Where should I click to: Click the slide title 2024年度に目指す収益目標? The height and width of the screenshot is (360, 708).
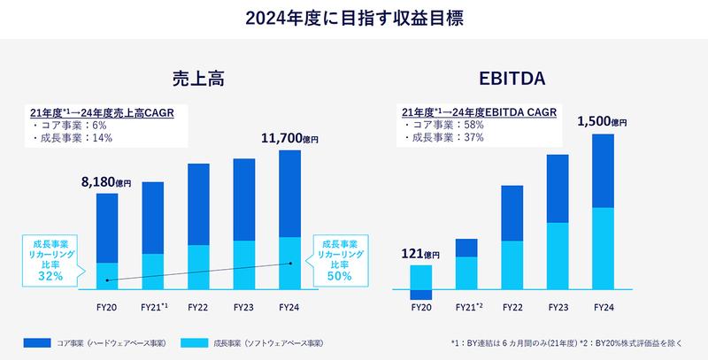point(354,17)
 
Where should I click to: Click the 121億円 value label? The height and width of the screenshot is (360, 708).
point(419,255)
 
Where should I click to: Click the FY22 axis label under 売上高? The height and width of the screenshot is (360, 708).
point(198,306)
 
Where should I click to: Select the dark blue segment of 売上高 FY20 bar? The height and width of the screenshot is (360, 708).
point(106,227)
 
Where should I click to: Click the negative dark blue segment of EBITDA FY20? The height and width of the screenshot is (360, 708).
point(421,295)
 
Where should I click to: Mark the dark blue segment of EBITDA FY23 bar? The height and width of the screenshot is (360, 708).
point(558,188)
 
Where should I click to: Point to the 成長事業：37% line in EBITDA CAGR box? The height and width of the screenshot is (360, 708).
point(442,138)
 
